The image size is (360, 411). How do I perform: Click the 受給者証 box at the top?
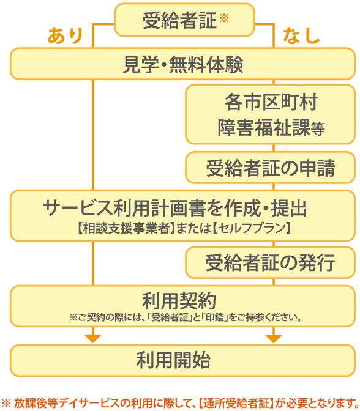pyautogui.click(x=184, y=20)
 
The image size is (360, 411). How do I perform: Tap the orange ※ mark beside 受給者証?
pyautogui.click(x=224, y=18)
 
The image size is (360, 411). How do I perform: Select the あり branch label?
pyautogui.click(x=66, y=35)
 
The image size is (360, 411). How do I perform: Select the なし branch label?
pyautogui.click(x=301, y=35)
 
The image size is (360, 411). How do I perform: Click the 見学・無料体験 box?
pyautogui.click(x=183, y=64)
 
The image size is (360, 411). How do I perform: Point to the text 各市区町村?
pyautogui.click(x=271, y=102)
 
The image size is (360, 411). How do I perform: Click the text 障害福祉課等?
pyautogui.click(x=271, y=128)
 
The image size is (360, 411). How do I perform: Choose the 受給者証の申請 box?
pyautogui.click(x=271, y=168)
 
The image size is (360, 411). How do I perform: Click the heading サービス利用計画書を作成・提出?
pyautogui.click(x=175, y=208)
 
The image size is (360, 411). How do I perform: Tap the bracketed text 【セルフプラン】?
pyautogui.click(x=251, y=228)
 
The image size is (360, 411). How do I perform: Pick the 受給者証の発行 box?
pyautogui.click(x=271, y=262)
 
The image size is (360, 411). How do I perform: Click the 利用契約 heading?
pyautogui.click(x=179, y=301)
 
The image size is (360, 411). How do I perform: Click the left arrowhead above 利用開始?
pyautogui.click(x=93, y=339)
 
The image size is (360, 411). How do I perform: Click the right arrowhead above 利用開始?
pyautogui.click(x=274, y=339)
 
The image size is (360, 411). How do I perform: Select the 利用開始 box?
pyautogui.click(x=183, y=360)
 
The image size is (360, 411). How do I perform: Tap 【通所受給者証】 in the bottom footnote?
pyautogui.click(x=236, y=403)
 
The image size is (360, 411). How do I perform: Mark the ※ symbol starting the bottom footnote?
pyautogui.click(x=6, y=403)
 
